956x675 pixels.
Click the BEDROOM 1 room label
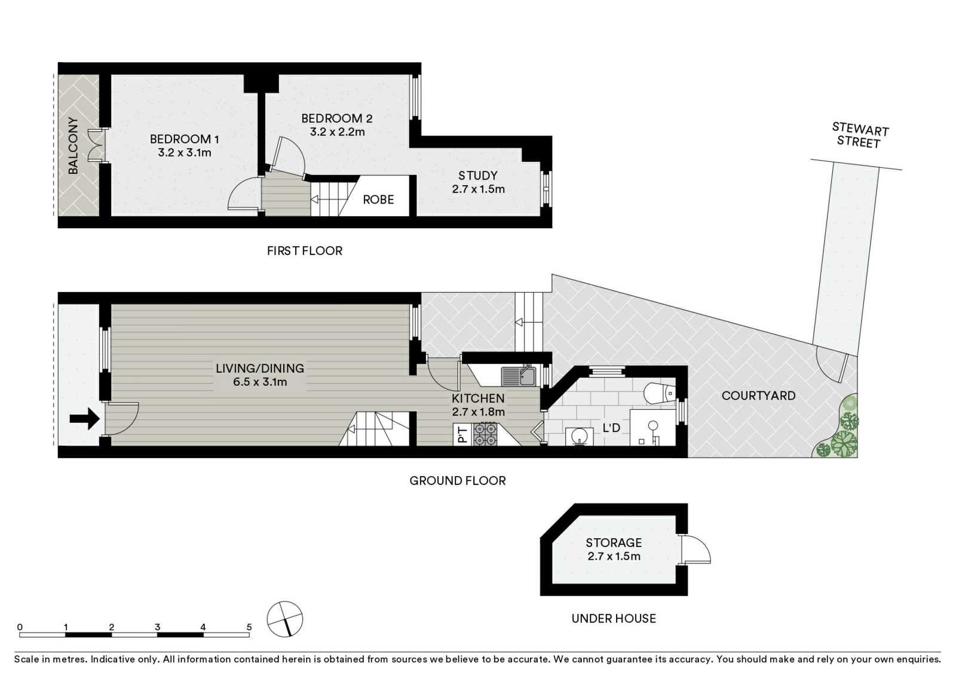pyautogui.click(x=185, y=139)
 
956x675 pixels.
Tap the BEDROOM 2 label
pyautogui.click(x=337, y=118)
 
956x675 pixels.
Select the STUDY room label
pyautogui.click(x=477, y=176)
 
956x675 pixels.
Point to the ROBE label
pyautogui.click(x=378, y=200)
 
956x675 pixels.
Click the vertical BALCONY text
pyautogui.click(x=73, y=146)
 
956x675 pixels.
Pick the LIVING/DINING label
pyautogui.click(x=259, y=368)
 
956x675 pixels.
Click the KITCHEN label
pyautogui.click(x=478, y=398)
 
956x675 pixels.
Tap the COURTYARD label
pyautogui.click(x=758, y=395)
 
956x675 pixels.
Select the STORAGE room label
pyautogui.click(x=613, y=543)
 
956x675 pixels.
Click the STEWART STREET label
pyautogui.click(x=860, y=135)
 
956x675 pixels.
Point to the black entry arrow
pyautogui.click(x=84, y=419)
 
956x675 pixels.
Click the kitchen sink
pyautogui.click(x=518, y=376)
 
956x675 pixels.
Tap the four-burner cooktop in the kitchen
pyautogui.click(x=485, y=434)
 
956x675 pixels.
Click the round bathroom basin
pyautogui.click(x=579, y=436)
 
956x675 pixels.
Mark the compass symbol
pyautogui.click(x=284, y=619)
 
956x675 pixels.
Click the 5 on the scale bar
pyautogui.click(x=249, y=627)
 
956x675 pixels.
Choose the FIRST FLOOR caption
pyautogui.click(x=305, y=250)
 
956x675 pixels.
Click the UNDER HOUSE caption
pyautogui.click(x=614, y=618)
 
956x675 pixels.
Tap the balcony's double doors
pyautogui.click(x=96, y=146)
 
